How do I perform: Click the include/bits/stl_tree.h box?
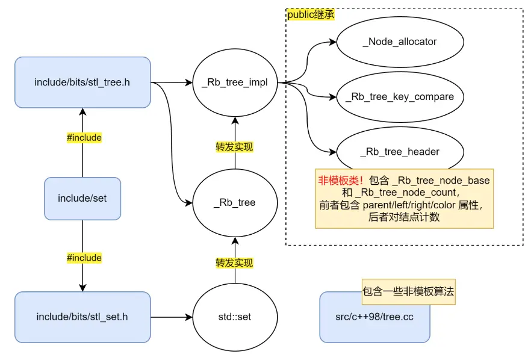(x=82, y=82)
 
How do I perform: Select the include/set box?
(x=82, y=198)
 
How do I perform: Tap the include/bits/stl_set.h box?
(x=82, y=317)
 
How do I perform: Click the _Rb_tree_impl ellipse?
(x=234, y=82)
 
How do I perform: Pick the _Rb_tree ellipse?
(x=234, y=202)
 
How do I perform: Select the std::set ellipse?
(x=234, y=317)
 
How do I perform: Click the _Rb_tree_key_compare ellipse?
(x=400, y=96)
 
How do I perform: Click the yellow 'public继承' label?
(x=311, y=14)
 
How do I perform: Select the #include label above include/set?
(x=84, y=138)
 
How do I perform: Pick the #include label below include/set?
(x=84, y=258)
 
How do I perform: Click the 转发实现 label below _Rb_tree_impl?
(x=234, y=146)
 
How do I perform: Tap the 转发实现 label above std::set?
(x=234, y=263)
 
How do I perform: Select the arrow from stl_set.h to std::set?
(x=171, y=317)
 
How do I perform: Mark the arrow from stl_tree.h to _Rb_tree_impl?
(x=171, y=82)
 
